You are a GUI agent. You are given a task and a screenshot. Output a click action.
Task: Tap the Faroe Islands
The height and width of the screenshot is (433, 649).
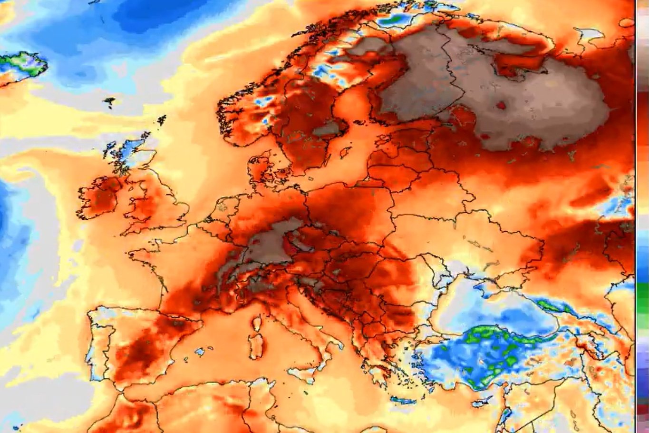(x=110, y=100)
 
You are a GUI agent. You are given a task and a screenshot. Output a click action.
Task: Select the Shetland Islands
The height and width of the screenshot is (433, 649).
(x=162, y=119)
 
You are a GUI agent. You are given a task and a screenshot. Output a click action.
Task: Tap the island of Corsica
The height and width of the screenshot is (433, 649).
(x=257, y=324)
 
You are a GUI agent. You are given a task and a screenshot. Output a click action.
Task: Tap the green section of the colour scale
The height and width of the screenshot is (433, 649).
(x=642, y=305)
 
